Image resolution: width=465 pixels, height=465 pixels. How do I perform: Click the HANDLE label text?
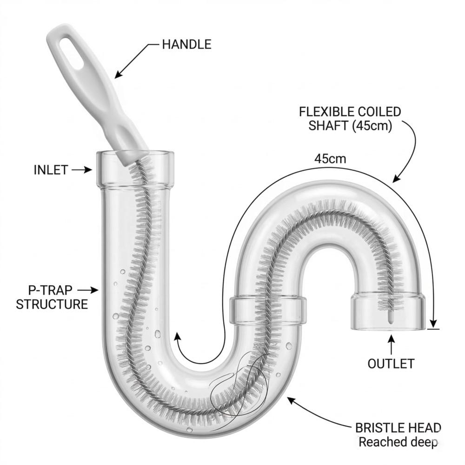pyautogui.click(x=186, y=45)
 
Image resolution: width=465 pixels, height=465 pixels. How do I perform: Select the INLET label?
pyautogui.click(x=51, y=170)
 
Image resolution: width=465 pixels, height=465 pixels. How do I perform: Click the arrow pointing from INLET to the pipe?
pyautogui.click(x=82, y=170)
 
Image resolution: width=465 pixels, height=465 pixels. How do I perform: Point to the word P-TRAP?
pyautogui.click(x=46, y=290)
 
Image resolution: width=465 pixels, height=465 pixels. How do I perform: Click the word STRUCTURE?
pyautogui.click(x=52, y=305)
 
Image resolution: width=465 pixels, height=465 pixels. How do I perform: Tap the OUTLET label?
pyautogui.click(x=391, y=364)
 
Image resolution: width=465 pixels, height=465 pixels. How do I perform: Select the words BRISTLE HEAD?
pyautogui.click(x=398, y=428)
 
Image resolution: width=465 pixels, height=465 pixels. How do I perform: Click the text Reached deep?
pyautogui.click(x=398, y=442)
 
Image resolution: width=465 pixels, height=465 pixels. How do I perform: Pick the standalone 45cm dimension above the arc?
pyautogui.click(x=330, y=159)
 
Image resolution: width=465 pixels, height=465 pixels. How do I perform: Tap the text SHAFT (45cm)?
pyautogui.click(x=350, y=126)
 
